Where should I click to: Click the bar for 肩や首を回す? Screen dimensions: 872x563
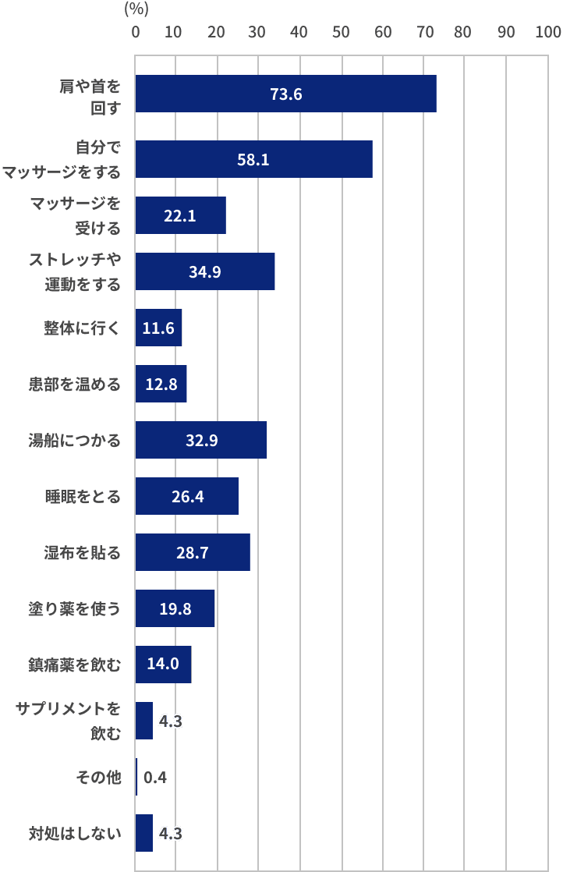pos(285,94)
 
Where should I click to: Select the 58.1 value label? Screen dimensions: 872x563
pos(253,160)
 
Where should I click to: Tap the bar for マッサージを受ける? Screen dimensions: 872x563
pos(180,216)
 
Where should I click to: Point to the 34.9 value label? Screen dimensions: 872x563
pos(204,272)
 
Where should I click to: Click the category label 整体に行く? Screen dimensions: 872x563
pos(82,328)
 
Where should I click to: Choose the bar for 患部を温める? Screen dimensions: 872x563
pos(161,384)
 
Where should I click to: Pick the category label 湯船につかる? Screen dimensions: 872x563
pos(82,441)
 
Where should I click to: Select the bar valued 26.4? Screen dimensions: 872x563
pos(186,496)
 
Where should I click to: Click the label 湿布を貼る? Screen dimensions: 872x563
pos(82,553)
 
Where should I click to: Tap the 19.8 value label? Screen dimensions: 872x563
pos(175,609)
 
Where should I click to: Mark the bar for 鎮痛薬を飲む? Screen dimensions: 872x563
pos(163,665)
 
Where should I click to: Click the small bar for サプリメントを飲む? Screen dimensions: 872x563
pos(143,721)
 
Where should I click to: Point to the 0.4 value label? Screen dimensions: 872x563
pos(155,778)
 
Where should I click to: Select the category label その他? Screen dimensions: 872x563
pos(98,778)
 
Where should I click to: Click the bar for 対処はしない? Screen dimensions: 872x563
pos(143,833)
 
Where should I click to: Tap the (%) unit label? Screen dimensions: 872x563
pos(136,10)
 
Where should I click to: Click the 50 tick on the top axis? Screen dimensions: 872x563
pos(341,33)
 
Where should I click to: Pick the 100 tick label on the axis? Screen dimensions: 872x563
pos(547,33)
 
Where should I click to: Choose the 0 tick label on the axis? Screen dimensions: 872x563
pos(136,33)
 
